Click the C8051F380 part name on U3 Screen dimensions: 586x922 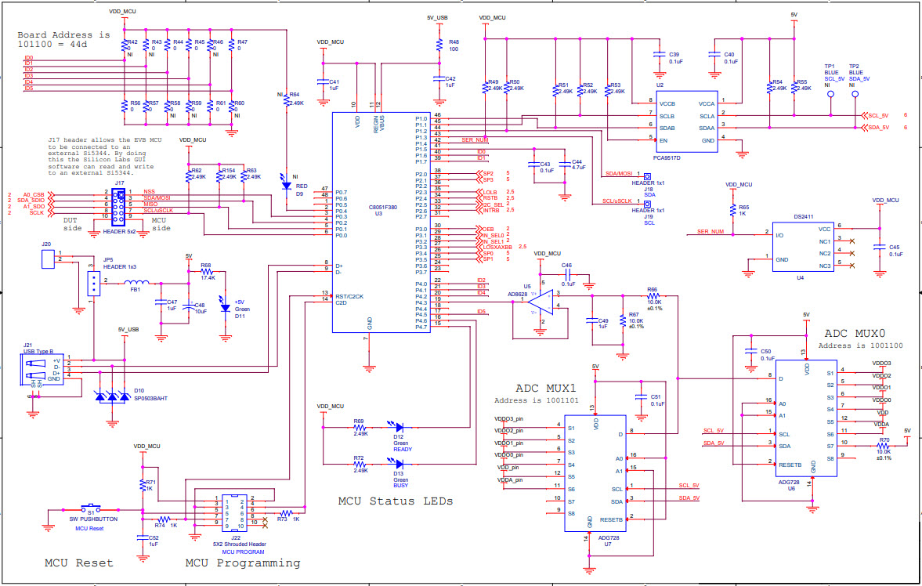coord(382,207)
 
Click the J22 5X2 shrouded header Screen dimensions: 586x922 coord(233,512)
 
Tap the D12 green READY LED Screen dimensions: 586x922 coord(400,428)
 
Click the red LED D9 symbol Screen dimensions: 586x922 coord(286,178)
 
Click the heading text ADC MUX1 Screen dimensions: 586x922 coord(545,389)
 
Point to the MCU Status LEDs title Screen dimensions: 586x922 coord(395,501)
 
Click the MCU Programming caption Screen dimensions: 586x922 coord(242,562)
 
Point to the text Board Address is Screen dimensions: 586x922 coord(64,34)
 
